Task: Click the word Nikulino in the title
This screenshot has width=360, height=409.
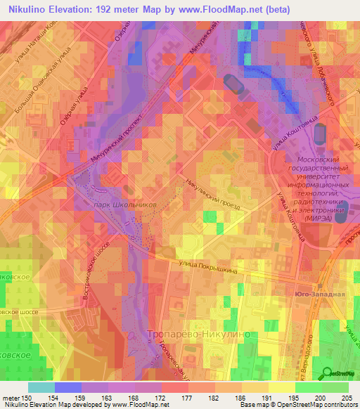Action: [x=30, y=9]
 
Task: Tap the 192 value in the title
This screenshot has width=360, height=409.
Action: [x=116, y=9]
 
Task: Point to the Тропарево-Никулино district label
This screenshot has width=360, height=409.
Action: [x=200, y=335]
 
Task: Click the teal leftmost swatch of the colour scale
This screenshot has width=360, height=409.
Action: [x=41, y=387]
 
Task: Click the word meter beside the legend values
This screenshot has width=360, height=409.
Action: [x=11, y=397]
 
